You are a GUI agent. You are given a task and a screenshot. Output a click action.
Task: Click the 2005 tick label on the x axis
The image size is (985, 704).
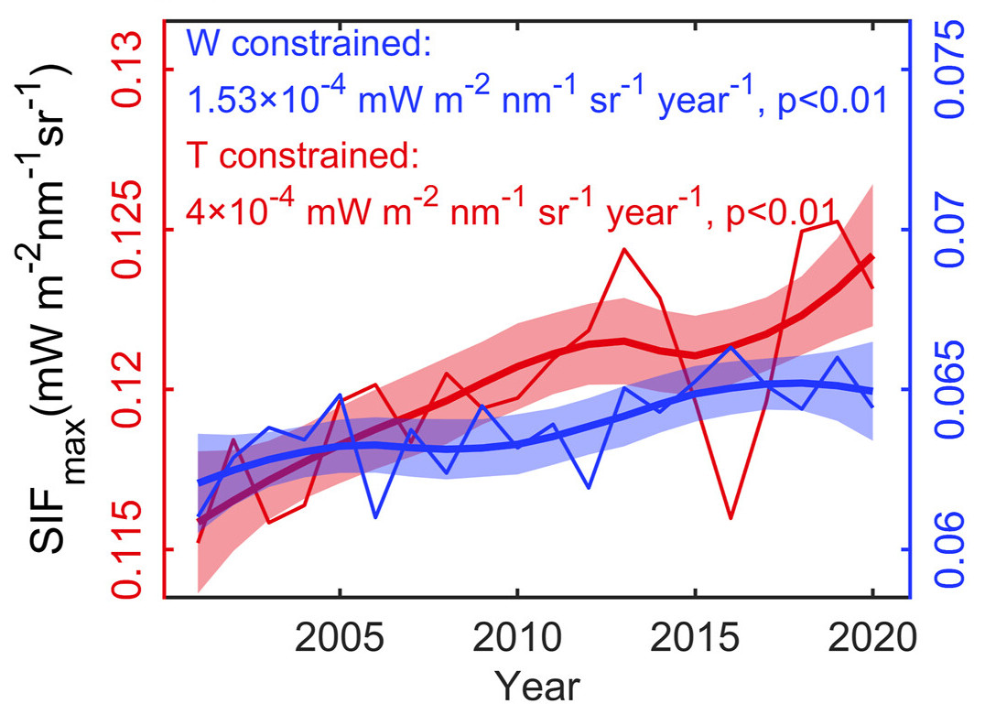340,637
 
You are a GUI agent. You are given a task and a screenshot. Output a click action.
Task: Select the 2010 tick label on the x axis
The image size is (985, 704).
517,637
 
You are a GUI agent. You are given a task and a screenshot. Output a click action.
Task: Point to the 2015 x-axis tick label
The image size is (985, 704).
695,637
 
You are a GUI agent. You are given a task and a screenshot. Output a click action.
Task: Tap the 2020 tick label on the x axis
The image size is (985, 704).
872,637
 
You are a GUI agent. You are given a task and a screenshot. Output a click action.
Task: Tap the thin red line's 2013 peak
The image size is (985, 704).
624,248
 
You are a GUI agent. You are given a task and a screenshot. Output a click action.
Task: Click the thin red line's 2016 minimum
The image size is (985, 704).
731,518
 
